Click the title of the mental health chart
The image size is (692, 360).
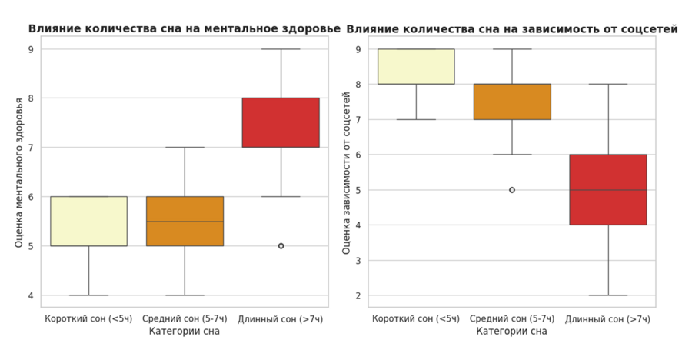tap(184, 28)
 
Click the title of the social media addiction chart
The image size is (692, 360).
tap(511, 28)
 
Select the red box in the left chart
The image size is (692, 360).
tap(281, 122)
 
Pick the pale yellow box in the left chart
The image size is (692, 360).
tap(88, 221)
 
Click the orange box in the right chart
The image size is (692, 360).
tap(512, 102)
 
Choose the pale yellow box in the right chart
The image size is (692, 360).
tap(416, 66)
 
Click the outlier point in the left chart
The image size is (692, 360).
tap(281, 246)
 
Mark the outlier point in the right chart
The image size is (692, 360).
tap(512, 189)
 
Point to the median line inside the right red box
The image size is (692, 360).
tap(608, 189)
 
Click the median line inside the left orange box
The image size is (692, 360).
tap(185, 222)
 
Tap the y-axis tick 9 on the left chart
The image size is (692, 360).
tap(33, 49)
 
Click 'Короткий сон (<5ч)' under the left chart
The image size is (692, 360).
tap(88, 318)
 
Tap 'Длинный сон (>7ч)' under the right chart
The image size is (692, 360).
tap(608, 318)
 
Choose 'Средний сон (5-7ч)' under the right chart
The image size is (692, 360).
tap(512, 318)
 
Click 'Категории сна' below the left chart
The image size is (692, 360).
tap(185, 332)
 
